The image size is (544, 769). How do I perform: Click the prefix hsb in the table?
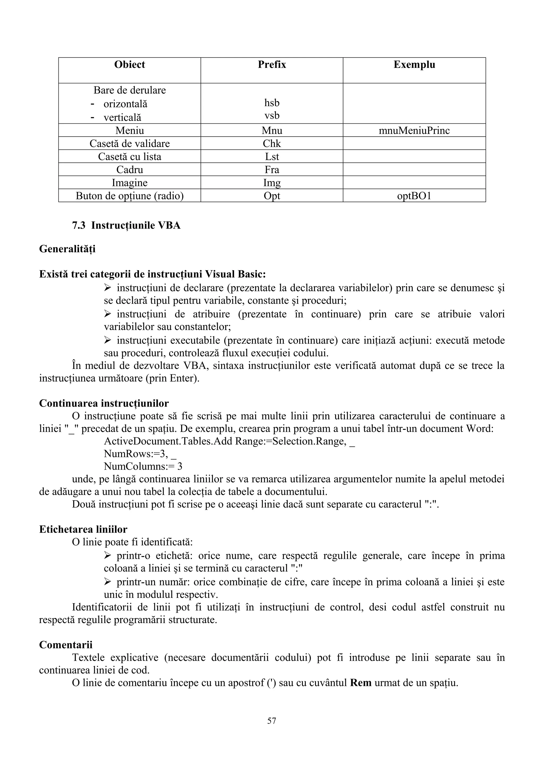coord(272,103)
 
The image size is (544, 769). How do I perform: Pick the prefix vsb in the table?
coord(272,115)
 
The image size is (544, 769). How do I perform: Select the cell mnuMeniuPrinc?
coord(414,130)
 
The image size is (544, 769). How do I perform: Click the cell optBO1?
coord(414,196)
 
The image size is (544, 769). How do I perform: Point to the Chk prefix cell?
coord(272,143)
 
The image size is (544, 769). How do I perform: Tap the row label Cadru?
coord(129,170)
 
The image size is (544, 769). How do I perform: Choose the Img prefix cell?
coord(272,183)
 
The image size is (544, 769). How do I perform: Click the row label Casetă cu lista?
coord(129,156)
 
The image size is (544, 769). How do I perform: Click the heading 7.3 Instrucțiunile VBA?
coord(126,225)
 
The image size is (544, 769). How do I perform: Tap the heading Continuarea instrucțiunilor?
coord(104,403)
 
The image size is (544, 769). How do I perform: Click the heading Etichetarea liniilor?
coord(83,529)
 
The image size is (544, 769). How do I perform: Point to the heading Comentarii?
coord(66,645)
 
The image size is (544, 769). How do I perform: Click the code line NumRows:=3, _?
coord(140,454)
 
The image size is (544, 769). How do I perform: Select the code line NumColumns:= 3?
coord(143,466)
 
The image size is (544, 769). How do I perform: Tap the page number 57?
coord(272,721)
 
